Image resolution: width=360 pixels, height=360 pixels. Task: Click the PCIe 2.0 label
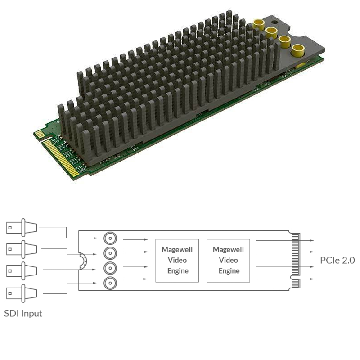tap(337, 260)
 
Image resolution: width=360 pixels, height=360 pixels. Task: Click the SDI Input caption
tap(23, 313)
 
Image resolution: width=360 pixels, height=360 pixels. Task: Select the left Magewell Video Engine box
tap(177, 260)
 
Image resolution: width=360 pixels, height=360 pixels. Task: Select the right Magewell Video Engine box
tap(228, 260)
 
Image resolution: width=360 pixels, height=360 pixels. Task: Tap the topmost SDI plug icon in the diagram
tap(22, 228)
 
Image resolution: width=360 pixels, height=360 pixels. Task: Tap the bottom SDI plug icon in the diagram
tap(22, 293)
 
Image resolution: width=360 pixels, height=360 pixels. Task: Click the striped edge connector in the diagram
tap(295, 260)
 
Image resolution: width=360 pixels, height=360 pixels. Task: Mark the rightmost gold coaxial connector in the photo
tap(297, 50)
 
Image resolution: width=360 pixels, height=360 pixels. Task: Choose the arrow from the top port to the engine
tap(135, 239)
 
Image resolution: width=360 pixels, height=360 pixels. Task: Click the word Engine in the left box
tap(177, 270)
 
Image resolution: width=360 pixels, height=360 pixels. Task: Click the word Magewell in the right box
tap(228, 249)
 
